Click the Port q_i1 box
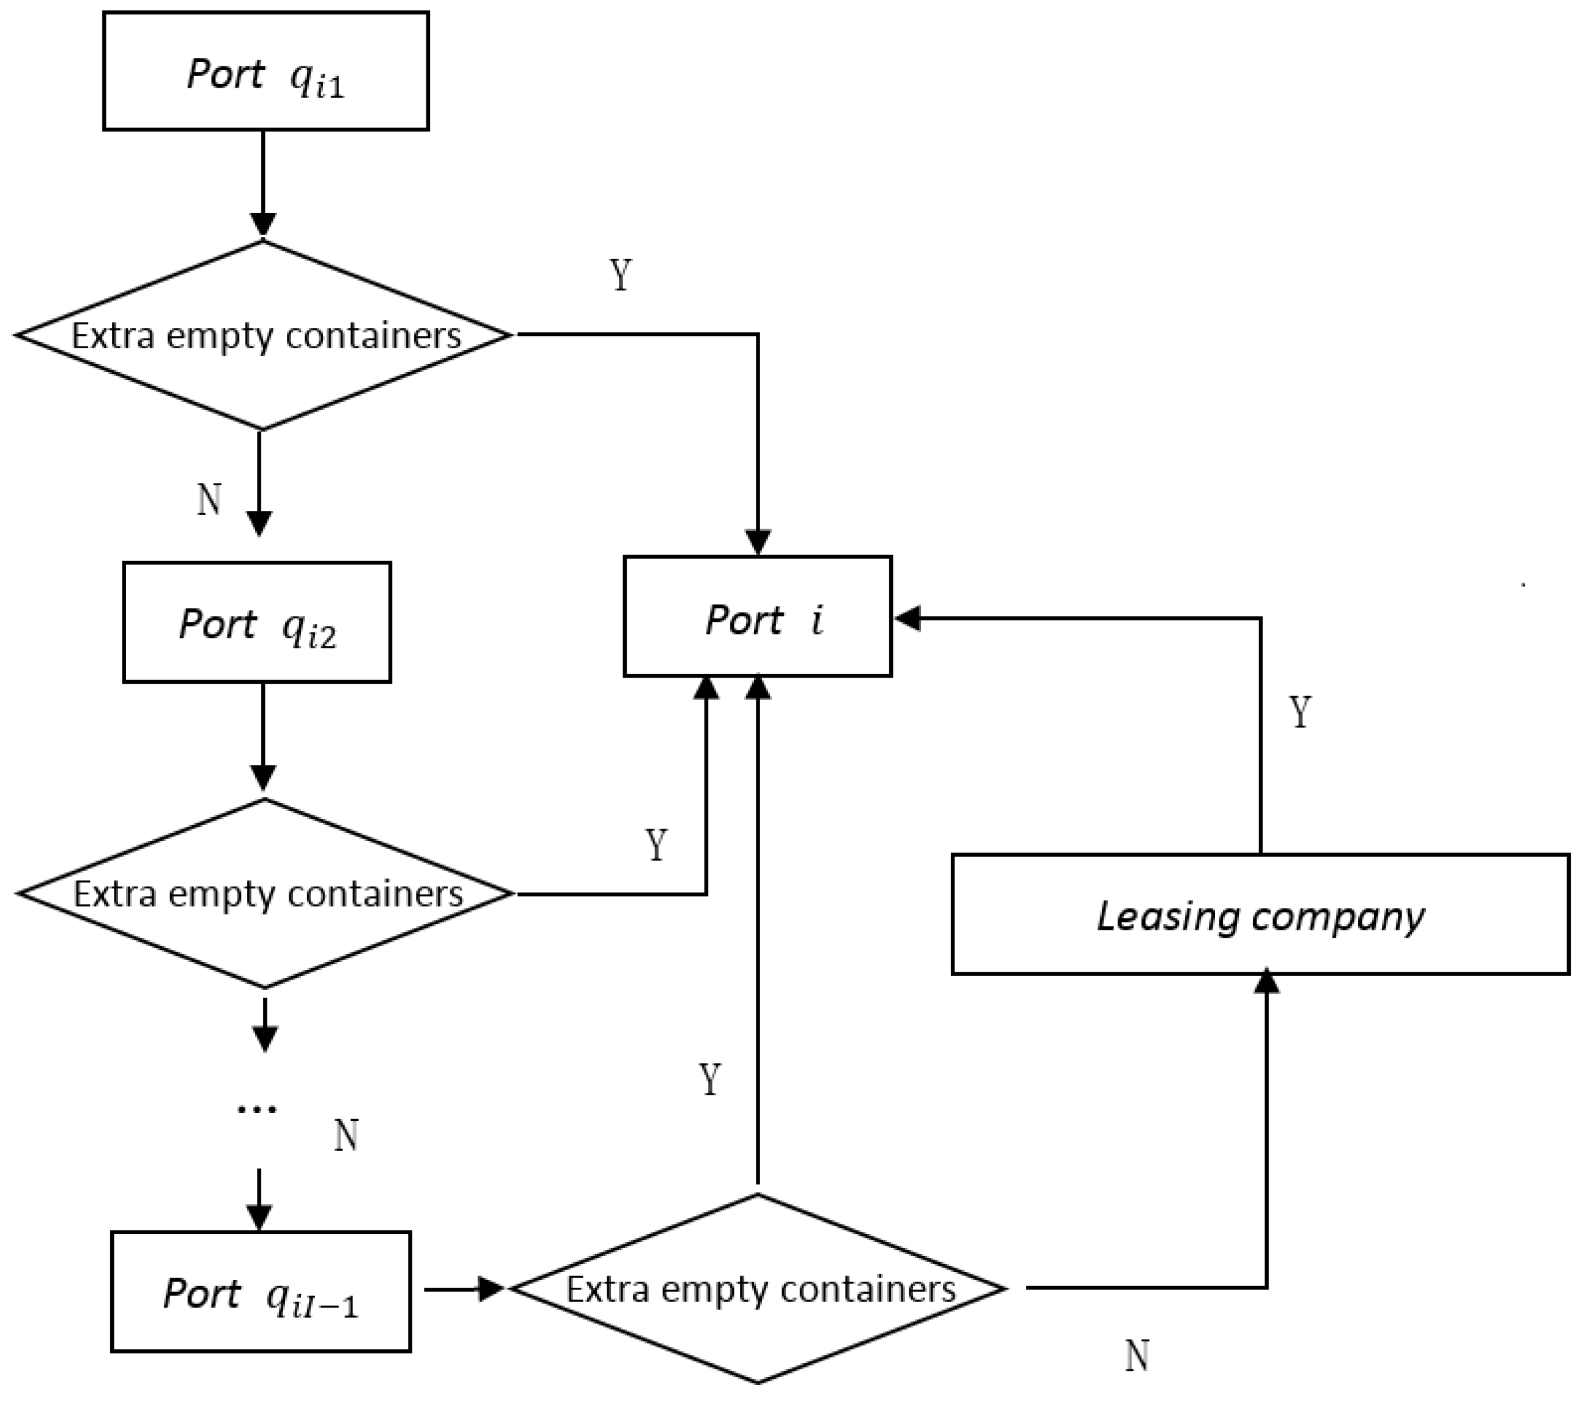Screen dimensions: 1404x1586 266,71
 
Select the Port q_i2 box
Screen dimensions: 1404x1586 257,622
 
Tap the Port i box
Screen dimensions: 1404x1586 757,617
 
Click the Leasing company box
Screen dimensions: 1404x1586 1260,915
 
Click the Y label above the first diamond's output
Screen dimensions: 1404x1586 621,275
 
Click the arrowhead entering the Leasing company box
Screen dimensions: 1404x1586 1266,982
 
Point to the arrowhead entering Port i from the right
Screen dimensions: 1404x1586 908,618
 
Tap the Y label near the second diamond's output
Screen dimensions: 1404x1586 657,844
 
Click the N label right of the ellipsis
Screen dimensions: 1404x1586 346,1136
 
